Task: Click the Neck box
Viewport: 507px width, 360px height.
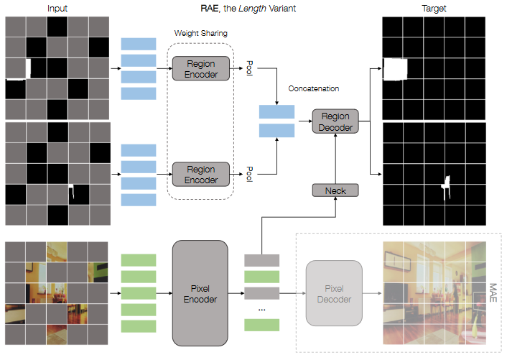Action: tap(335, 190)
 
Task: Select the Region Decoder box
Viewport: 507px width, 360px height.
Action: tap(335, 122)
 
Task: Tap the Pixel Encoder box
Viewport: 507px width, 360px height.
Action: tap(200, 293)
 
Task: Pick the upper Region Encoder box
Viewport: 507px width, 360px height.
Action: tap(200, 69)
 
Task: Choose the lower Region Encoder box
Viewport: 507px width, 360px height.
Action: tap(200, 175)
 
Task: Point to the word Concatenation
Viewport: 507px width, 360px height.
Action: tap(313, 89)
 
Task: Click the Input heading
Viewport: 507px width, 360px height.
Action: tap(58, 8)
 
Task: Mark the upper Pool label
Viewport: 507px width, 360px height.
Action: tap(248, 68)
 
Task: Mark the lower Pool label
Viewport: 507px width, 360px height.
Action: tap(248, 174)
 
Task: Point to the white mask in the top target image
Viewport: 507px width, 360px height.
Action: tap(395, 70)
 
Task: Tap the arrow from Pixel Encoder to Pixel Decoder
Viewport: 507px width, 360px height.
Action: tap(291, 293)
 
